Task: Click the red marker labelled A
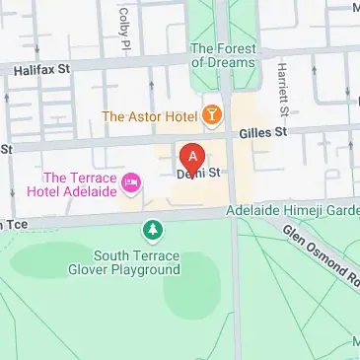(193, 157)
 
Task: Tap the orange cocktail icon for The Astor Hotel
(210, 115)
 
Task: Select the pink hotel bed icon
(130, 181)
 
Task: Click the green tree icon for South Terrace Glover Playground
(153, 231)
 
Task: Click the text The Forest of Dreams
(222, 55)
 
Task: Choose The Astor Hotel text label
(148, 116)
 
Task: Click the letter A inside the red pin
(193, 154)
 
